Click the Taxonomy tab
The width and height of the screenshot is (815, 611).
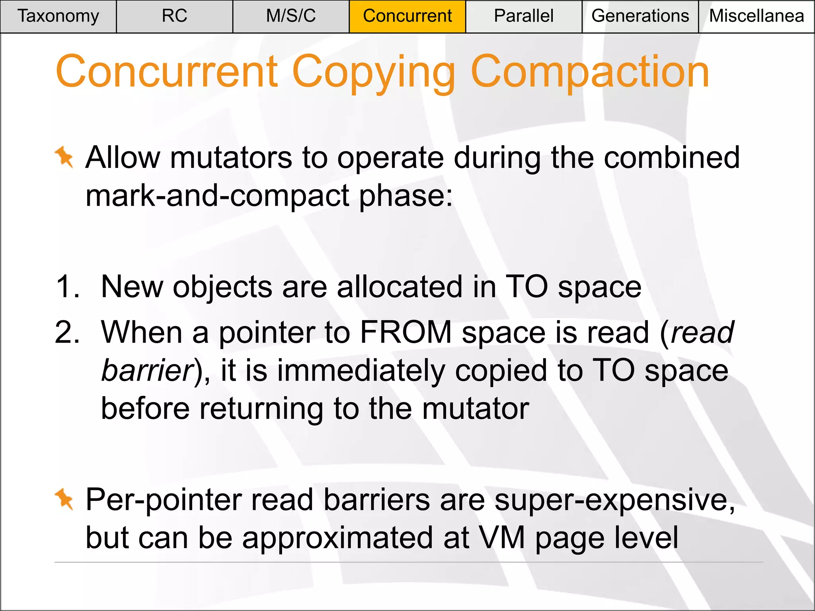coord(58,16)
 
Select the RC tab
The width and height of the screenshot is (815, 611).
coord(174,16)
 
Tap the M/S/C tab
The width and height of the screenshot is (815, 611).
coord(291,16)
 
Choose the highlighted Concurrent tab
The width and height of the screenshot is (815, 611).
coord(407,16)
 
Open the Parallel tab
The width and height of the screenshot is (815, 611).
coord(523,16)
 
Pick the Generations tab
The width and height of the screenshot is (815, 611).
coord(640,16)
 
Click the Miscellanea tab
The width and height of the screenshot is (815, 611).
coord(757,16)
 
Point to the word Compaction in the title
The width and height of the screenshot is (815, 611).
coord(590,72)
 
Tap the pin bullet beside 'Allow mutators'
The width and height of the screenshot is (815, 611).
coord(64,157)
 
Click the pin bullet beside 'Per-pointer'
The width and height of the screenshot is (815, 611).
coord(64,499)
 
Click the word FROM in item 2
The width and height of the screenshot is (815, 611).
coord(406,332)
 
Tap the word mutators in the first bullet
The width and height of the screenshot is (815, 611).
coord(231,158)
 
